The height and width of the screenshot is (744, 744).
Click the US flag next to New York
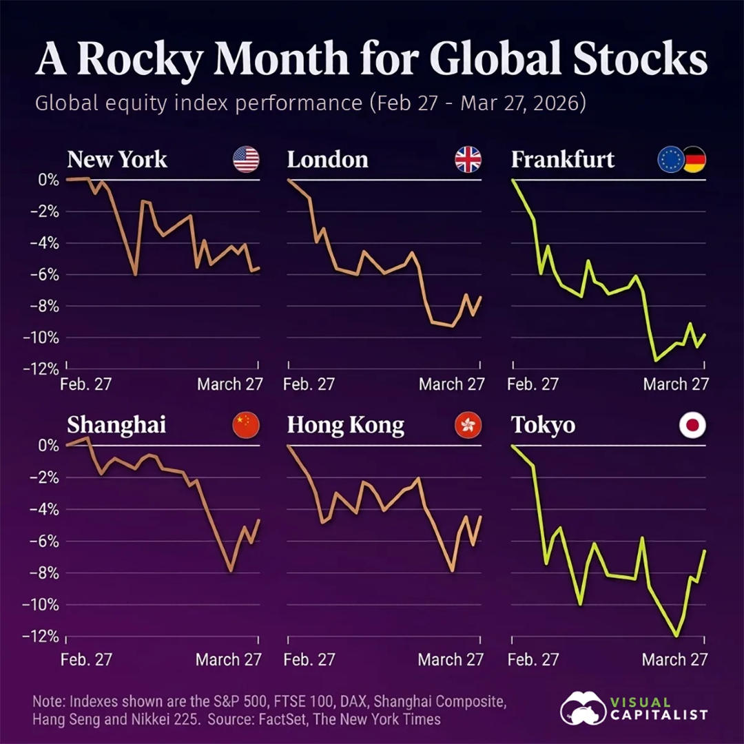[x=246, y=160]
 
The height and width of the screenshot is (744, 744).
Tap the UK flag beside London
[x=468, y=160]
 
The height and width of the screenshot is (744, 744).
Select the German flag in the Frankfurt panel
[x=694, y=160]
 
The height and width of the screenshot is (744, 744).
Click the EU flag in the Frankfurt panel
[x=671, y=160]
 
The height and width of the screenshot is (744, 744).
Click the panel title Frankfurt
[x=563, y=160]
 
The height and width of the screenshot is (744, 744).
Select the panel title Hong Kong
[x=345, y=426]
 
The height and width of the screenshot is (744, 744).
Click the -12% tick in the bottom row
[x=44, y=637]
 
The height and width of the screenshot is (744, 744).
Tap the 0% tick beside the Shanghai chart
[x=48, y=446]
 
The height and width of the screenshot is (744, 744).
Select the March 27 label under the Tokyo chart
[x=674, y=659]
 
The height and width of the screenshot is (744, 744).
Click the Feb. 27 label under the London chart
[x=309, y=384]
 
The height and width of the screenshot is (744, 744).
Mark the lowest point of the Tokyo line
[x=677, y=636]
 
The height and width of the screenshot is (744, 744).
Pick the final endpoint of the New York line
[x=259, y=268]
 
